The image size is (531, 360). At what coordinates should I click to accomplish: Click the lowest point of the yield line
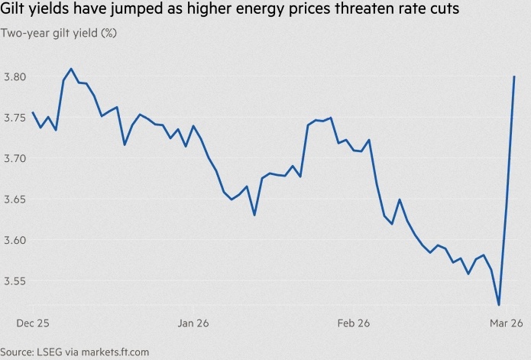pyautogui.click(x=498, y=305)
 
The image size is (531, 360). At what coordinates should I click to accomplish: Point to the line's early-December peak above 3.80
pyautogui.click(x=71, y=69)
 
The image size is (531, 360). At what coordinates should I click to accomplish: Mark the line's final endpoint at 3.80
pyautogui.click(x=514, y=76)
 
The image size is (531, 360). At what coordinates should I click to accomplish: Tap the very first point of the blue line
pyautogui.click(x=33, y=113)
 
